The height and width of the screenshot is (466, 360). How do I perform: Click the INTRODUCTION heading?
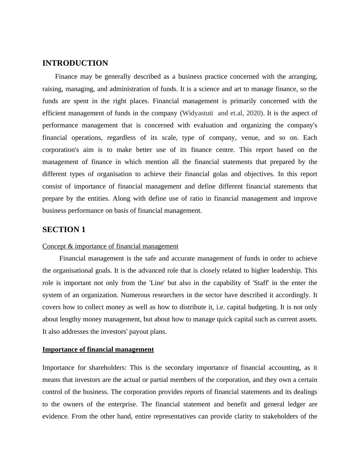pyautogui.click(x=75, y=63)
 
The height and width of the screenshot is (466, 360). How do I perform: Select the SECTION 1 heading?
pyautogui.click(x=64, y=230)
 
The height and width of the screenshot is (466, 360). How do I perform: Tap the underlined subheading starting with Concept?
pyautogui.click(x=110, y=246)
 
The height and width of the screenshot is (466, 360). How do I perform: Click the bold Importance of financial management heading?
pyautogui.click(x=98, y=349)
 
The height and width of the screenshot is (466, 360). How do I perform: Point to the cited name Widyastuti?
pyautogui.click(x=198, y=113)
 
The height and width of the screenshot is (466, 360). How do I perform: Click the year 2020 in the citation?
pyautogui.click(x=254, y=113)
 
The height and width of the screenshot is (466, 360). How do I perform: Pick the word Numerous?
pyautogui.click(x=133, y=295)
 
